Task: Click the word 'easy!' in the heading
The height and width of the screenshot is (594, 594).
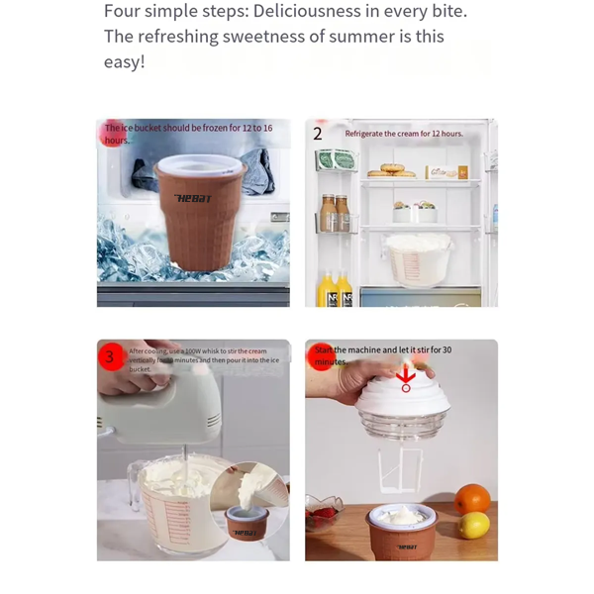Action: click(125, 61)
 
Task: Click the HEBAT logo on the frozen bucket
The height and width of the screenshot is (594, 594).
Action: click(193, 199)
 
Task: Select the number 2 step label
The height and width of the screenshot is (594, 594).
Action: click(318, 134)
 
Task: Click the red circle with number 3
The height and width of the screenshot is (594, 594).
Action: click(110, 356)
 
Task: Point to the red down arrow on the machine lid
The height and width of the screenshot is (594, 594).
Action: click(405, 375)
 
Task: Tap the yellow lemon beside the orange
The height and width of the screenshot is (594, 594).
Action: click(475, 525)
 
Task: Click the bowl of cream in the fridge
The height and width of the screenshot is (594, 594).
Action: click(417, 260)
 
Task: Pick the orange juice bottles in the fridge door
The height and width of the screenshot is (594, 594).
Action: click(334, 289)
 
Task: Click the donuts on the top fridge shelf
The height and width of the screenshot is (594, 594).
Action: click(391, 171)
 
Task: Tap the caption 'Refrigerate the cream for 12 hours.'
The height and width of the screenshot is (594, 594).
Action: click(403, 134)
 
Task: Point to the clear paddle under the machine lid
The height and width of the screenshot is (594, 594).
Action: click(402, 471)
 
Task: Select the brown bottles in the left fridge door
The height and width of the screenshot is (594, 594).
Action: click(334, 212)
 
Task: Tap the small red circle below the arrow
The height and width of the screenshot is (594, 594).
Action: click(406, 387)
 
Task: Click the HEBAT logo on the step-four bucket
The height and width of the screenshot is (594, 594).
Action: click(407, 545)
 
